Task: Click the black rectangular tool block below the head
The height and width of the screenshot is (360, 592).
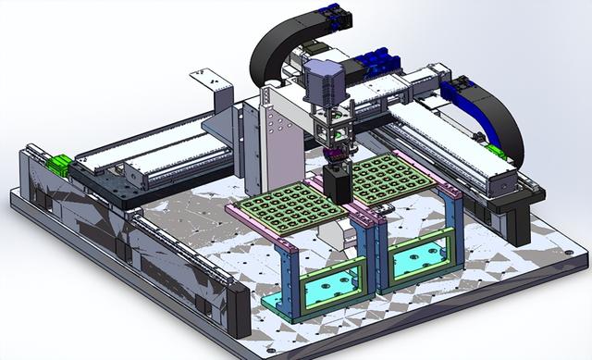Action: (x=338, y=183)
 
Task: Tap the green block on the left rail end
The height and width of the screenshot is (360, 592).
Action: (x=59, y=166)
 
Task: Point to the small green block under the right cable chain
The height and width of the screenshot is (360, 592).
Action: (x=496, y=151)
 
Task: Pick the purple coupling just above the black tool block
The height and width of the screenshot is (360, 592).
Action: (x=335, y=152)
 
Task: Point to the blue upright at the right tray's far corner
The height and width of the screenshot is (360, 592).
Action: (x=452, y=222)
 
